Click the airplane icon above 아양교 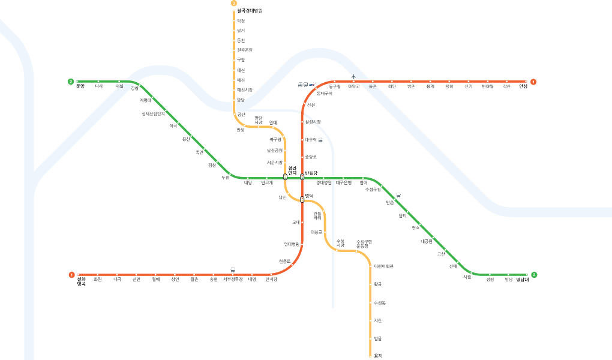(353, 76)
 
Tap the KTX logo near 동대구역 (311, 85)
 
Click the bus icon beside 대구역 (320, 140)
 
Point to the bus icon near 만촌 (400, 195)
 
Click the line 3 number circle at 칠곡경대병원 (234, 4)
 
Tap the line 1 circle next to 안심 (533, 82)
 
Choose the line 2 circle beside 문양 (71, 82)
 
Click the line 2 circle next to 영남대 (534, 275)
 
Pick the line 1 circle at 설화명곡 (71, 275)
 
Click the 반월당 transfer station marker (302, 177)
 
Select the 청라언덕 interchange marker (285, 177)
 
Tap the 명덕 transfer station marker (302, 199)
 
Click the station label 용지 (378, 356)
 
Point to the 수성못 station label (379, 302)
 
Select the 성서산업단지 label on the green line (153, 113)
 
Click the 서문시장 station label (275, 162)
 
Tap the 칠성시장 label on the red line (313, 122)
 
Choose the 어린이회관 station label (383, 266)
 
